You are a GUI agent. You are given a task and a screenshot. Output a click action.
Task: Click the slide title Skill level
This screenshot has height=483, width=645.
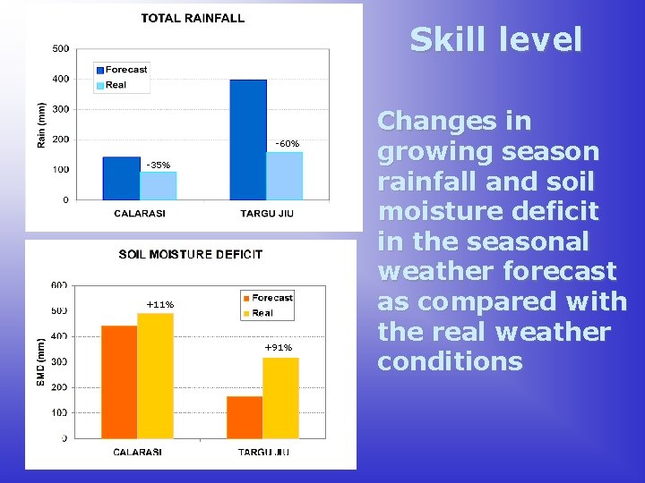(x=496, y=39)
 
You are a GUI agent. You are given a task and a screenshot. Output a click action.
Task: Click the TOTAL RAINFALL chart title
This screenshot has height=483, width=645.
(x=193, y=18)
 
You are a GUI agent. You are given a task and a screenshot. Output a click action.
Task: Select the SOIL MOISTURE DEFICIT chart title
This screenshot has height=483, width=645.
(x=191, y=254)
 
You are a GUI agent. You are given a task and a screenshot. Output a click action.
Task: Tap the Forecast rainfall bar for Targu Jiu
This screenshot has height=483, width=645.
(x=248, y=140)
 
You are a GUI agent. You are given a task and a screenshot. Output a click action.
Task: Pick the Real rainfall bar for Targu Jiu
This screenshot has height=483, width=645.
(x=284, y=176)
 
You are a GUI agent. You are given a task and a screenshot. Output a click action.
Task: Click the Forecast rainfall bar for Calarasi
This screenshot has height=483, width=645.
(x=121, y=178)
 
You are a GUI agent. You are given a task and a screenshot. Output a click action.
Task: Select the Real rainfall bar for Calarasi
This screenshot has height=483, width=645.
(x=158, y=185)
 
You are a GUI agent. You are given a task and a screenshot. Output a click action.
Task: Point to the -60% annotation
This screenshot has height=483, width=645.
(x=287, y=144)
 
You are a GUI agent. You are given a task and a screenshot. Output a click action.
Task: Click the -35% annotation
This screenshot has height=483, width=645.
(x=158, y=165)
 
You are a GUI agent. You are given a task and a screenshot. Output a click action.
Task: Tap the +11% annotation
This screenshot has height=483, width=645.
(x=159, y=305)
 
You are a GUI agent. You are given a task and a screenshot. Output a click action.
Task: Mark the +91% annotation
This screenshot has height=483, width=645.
(x=278, y=347)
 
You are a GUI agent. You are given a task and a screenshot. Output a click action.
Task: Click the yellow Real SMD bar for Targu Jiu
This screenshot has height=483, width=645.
(x=280, y=398)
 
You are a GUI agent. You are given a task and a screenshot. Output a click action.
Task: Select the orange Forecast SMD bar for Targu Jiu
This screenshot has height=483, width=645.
(x=245, y=417)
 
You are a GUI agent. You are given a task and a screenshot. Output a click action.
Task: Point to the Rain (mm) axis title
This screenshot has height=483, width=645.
(x=40, y=123)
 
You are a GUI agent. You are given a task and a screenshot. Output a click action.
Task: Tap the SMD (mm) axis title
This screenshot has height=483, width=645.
(x=40, y=361)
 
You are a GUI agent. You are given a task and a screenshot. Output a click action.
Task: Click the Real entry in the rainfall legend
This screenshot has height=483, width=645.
(x=116, y=85)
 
